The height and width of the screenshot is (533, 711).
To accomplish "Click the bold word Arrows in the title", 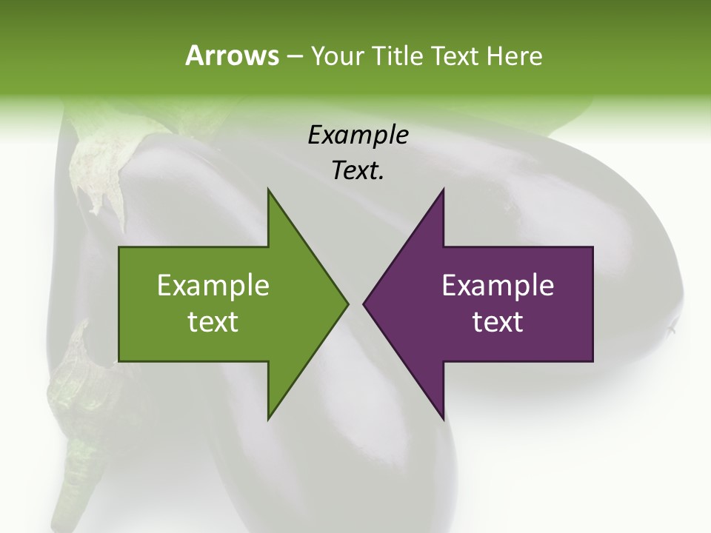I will pyautogui.click(x=232, y=56).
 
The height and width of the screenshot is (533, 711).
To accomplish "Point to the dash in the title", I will pyautogui.click(x=294, y=57).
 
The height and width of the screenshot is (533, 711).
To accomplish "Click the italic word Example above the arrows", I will pyautogui.click(x=358, y=135).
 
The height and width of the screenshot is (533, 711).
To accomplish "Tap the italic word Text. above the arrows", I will pyautogui.click(x=358, y=171).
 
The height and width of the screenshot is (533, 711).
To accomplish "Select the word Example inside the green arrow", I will pyautogui.click(x=213, y=286).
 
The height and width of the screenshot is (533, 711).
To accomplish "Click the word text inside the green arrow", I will pyautogui.click(x=213, y=322).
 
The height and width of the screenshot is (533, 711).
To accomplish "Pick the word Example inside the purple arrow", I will pyautogui.click(x=498, y=286).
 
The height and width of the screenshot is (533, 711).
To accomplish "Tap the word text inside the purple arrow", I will pyautogui.click(x=498, y=322).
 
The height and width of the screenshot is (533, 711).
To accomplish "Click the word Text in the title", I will pyautogui.click(x=455, y=56).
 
